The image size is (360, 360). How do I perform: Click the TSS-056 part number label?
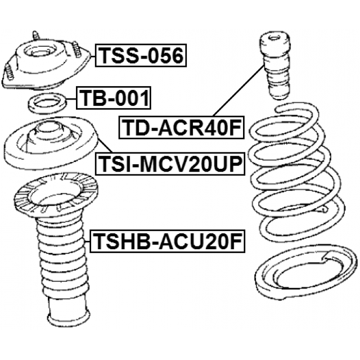pyautogui.click(x=141, y=55)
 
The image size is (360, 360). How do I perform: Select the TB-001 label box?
pyautogui.click(x=114, y=98)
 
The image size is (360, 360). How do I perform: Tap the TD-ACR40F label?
pyautogui.click(x=181, y=128)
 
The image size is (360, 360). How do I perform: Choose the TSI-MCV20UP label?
pyautogui.click(x=170, y=163)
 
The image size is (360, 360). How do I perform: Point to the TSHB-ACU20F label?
pyautogui.click(x=168, y=241)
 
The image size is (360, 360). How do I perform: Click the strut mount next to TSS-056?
pyautogui.click(x=46, y=62)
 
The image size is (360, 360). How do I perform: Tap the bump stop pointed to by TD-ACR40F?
pyautogui.click(x=274, y=66)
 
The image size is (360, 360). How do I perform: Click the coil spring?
pyautogui.click(x=296, y=172)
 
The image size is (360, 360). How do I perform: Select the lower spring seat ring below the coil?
pyautogui.click(x=306, y=272)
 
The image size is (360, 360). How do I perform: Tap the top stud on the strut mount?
pyautogui.click(x=35, y=36)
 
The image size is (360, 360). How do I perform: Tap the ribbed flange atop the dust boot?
pyautogui.click(x=56, y=196)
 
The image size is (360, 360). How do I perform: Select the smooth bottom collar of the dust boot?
pyautogui.click(x=67, y=312)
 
